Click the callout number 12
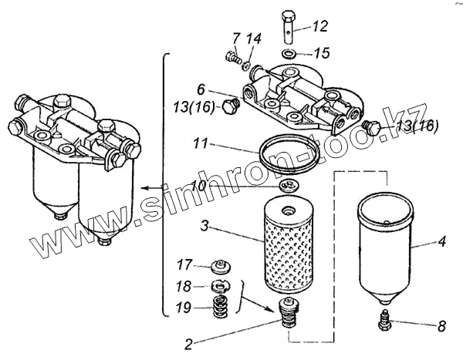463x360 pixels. [x=319, y=27]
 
